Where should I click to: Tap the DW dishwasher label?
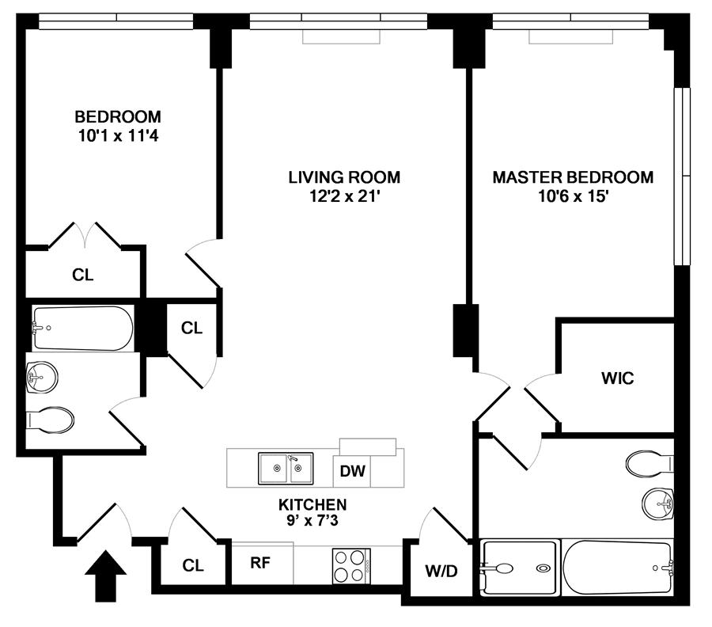(352, 473)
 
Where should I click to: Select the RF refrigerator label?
(261, 564)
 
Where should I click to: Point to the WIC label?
(618, 378)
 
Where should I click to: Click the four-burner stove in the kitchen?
(351, 565)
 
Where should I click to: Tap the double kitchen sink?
(286, 468)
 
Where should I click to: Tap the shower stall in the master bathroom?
(519, 568)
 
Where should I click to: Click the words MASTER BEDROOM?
(573, 177)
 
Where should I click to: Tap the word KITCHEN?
(312, 504)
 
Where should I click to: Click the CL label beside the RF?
(193, 565)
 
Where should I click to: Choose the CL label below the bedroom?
(82, 275)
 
